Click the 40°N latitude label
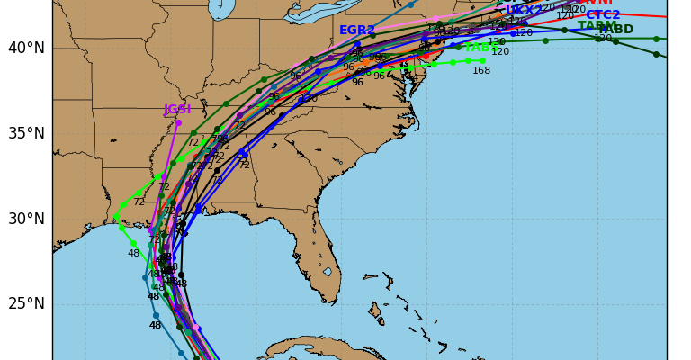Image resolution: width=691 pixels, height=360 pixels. tap(26, 48)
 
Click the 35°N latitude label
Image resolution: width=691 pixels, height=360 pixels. tap(26, 133)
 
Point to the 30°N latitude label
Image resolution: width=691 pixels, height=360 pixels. tap(26, 219)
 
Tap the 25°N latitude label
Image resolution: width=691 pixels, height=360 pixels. tap(26, 303)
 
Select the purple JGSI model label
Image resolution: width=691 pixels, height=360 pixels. tap(177, 110)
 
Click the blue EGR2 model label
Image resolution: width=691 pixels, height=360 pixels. tap(357, 31)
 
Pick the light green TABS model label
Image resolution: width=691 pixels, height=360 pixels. tap(482, 48)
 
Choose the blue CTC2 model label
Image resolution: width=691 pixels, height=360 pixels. tap(603, 15)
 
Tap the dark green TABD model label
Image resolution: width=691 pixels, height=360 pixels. tap(616, 30)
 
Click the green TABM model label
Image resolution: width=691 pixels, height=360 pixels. tap(597, 26)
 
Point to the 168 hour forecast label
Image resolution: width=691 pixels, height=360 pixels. tap(481, 71)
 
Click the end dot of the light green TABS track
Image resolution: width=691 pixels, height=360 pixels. tap(482, 60)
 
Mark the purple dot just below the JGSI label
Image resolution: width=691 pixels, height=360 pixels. tap(178, 122)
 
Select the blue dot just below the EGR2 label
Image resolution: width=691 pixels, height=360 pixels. tap(357, 43)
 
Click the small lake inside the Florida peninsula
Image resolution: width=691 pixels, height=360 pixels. tap(328, 271)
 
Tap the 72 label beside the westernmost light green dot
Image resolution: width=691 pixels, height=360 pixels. tap(139, 202)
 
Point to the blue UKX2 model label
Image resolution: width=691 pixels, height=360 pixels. tap(525, 10)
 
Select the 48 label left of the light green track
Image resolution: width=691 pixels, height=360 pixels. tap(133, 254)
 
